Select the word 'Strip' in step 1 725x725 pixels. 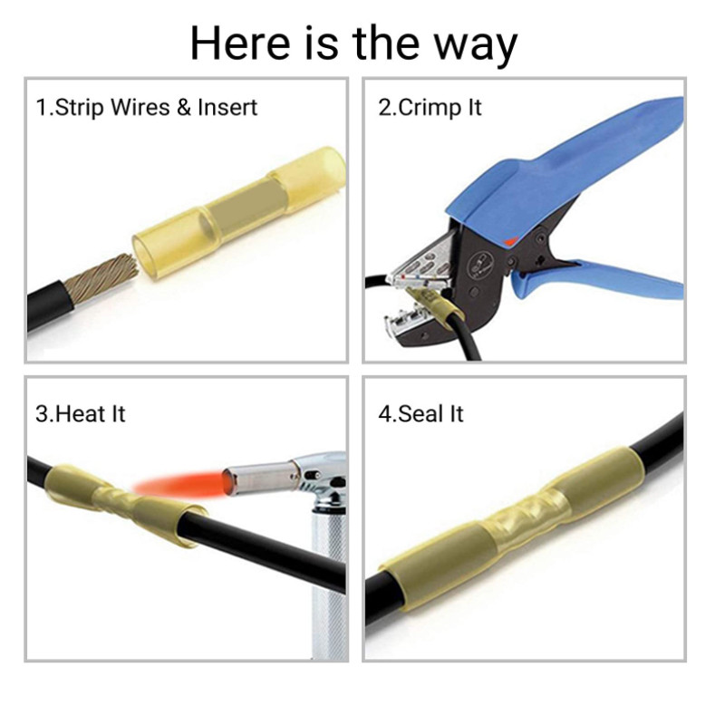(x=79, y=108)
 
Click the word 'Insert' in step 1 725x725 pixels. (x=227, y=107)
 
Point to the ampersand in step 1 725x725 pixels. (x=184, y=107)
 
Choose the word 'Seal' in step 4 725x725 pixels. (x=418, y=413)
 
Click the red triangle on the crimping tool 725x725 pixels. (x=510, y=241)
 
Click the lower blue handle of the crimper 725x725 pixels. (x=601, y=280)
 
